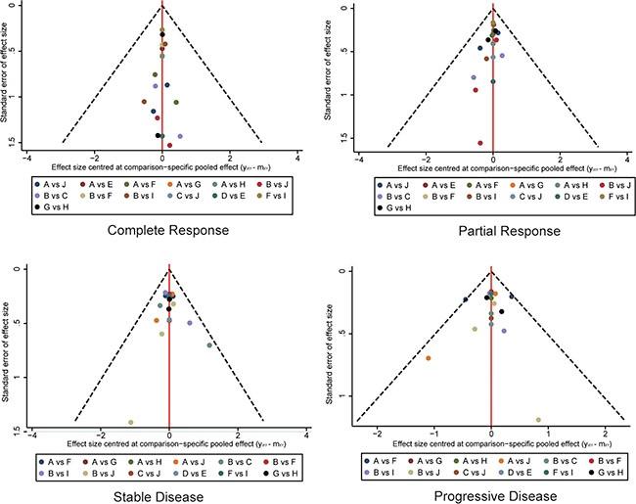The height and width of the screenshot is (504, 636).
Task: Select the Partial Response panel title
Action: pos(495,231)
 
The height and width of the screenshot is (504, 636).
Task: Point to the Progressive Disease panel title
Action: pos(492,496)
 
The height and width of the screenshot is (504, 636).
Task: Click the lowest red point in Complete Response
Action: pos(169,145)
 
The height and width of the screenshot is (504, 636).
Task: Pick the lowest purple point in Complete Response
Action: pos(180,136)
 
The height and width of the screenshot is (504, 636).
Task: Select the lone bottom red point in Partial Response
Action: pos(480,143)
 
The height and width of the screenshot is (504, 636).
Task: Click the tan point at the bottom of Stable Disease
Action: pos(130,422)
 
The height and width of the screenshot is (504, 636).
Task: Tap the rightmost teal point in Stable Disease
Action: pos(209,344)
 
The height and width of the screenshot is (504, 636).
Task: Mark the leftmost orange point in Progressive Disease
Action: pos(428,358)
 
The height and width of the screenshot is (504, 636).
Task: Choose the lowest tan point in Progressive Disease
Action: pos(538,420)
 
